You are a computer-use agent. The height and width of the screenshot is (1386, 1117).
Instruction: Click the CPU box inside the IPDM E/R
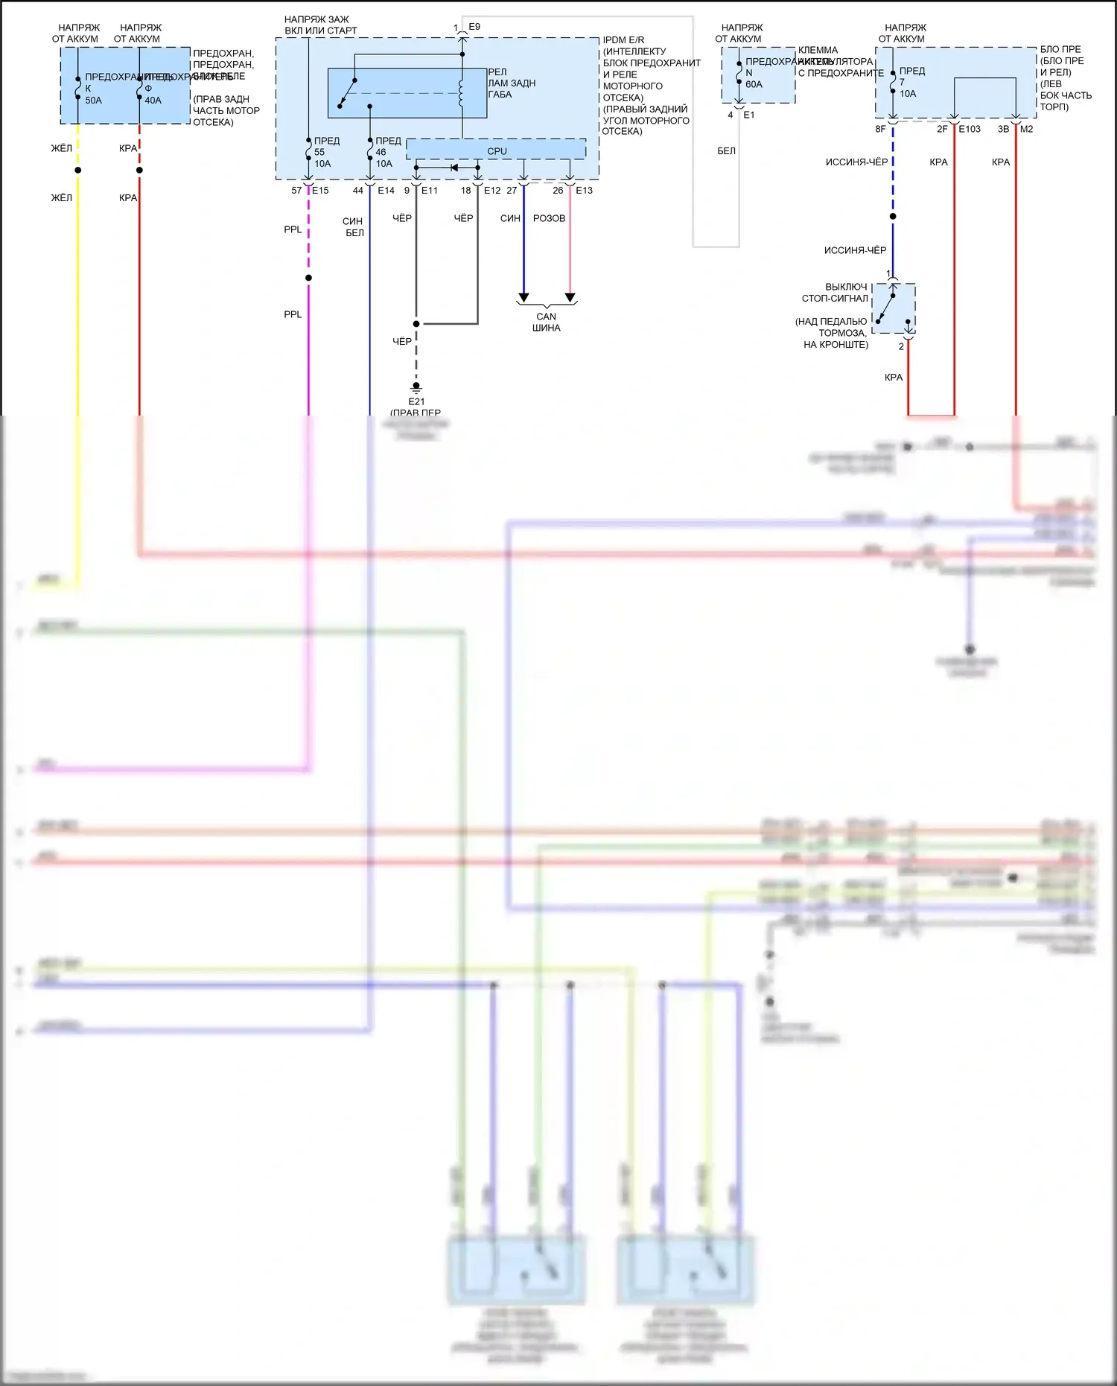496,150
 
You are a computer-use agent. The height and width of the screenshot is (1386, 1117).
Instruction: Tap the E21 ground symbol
416,387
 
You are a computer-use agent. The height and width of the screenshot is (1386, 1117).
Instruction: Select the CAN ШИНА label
546,322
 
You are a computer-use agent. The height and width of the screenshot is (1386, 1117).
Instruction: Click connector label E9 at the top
474,27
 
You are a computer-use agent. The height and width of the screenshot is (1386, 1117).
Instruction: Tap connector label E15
320,191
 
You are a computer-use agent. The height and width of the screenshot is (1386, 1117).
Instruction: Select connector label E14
386,191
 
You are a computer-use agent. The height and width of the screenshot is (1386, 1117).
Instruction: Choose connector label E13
584,191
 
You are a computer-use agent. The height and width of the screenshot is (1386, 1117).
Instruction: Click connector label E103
969,129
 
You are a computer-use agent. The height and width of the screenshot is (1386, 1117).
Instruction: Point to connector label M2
1026,129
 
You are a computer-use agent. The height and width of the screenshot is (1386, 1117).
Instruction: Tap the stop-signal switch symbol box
894,308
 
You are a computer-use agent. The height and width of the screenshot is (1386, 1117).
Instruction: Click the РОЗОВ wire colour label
549,218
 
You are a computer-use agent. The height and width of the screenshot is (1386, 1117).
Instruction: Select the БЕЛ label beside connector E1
726,151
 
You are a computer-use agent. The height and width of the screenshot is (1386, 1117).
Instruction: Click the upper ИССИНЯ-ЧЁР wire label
856,162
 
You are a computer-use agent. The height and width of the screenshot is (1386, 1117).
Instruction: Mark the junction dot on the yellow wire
77,171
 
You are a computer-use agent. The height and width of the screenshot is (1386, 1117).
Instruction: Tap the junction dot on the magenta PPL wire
308,278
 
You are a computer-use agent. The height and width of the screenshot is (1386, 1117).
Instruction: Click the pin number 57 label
296,191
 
